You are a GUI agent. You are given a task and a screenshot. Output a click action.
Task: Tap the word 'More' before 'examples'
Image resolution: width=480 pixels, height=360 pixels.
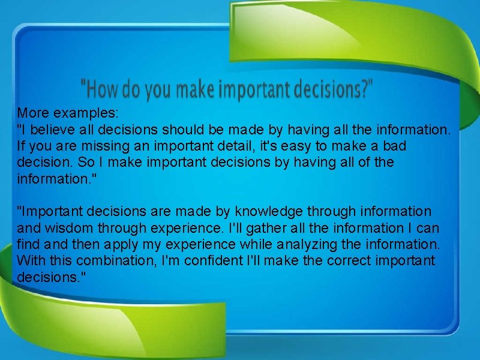pyautogui.click(x=32, y=112)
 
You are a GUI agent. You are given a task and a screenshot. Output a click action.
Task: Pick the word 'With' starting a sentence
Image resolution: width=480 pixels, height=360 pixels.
pyautogui.click(x=29, y=261)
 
